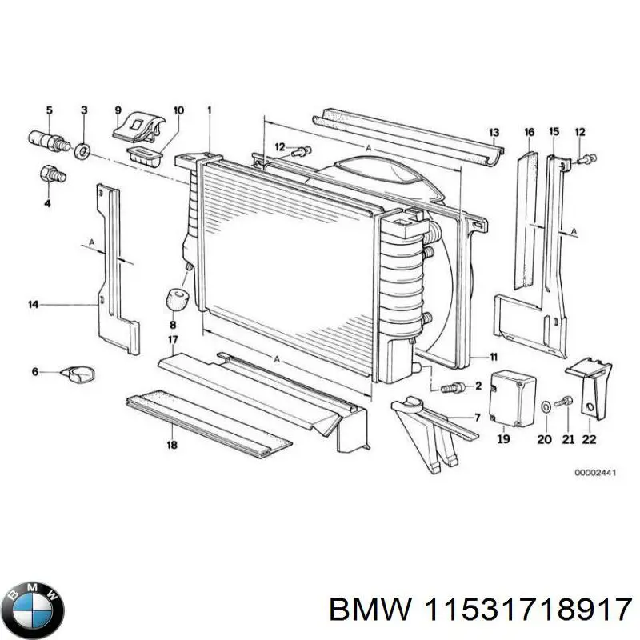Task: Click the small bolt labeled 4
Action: (x=50, y=174)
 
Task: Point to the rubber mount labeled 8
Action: (x=175, y=301)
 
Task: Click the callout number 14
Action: (x=33, y=304)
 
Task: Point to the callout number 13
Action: (x=494, y=132)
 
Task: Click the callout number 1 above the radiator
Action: (x=210, y=109)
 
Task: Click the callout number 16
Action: (x=529, y=132)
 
